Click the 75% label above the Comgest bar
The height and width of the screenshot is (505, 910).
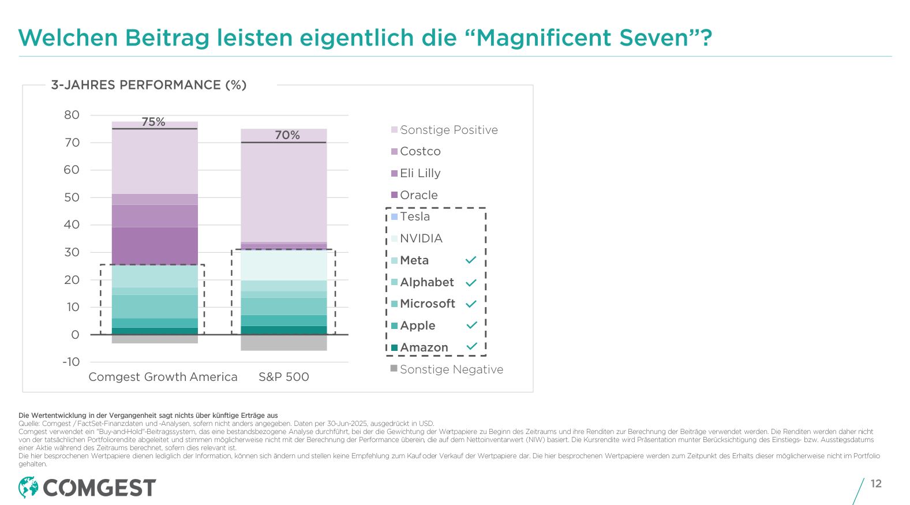[153, 122]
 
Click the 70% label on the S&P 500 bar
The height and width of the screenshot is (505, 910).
[287, 135]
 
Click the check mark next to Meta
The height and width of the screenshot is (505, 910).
[471, 260]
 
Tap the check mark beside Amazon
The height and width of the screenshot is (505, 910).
[471, 347]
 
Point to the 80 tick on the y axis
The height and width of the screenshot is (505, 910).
[72, 115]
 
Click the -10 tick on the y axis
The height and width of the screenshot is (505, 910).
[71, 362]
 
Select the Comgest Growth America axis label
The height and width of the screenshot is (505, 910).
[163, 377]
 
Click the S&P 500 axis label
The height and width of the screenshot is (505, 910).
[284, 377]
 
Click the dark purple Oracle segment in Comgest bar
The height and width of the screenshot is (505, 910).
[155, 245]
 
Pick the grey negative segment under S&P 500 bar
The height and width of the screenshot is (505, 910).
[283, 343]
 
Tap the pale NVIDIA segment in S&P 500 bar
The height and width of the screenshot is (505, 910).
[283, 265]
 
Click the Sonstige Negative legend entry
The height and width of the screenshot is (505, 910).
[451, 369]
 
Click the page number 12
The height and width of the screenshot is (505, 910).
[876, 484]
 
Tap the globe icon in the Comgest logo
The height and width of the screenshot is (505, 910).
[28, 488]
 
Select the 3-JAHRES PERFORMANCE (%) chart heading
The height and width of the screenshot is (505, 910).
[149, 85]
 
